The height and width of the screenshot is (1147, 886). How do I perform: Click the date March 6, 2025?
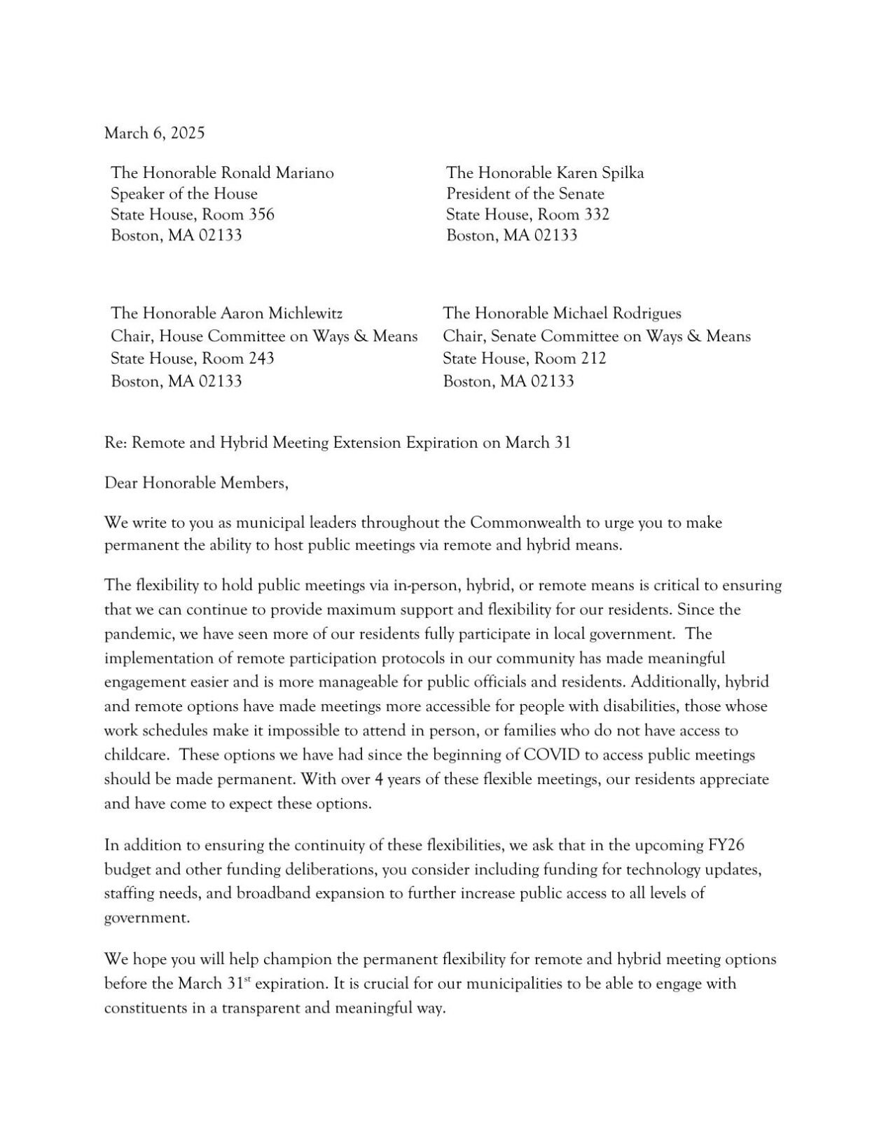[x=154, y=133]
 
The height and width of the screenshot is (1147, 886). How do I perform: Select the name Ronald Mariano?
[x=277, y=172]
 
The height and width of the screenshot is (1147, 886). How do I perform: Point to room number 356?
[x=262, y=214]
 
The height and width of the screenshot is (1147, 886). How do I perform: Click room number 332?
[x=597, y=214]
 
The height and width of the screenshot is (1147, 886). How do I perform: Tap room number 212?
[x=593, y=359]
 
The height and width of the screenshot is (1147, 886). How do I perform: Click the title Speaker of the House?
[x=184, y=193]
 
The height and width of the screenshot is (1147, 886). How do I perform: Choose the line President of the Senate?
[x=525, y=193]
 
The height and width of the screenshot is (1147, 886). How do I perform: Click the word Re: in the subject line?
[x=115, y=443]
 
